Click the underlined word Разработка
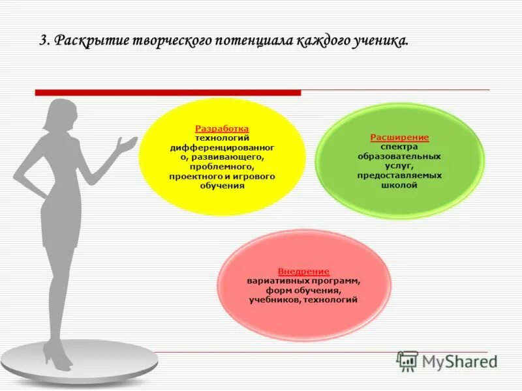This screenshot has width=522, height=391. (x=222, y=129)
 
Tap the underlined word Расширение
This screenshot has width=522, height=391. (x=399, y=138)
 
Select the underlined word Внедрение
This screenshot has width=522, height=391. (x=303, y=271)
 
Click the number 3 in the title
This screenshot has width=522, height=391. (x=43, y=40)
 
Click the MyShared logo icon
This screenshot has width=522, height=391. (x=407, y=360)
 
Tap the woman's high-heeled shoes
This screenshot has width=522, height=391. (x=57, y=355)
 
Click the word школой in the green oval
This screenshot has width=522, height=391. (x=399, y=184)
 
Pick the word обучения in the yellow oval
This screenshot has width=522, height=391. (x=222, y=185)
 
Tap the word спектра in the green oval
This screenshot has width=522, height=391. (x=399, y=147)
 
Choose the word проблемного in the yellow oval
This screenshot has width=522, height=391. (x=222, y=166)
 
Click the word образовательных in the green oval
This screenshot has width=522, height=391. (x=399, y=156)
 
